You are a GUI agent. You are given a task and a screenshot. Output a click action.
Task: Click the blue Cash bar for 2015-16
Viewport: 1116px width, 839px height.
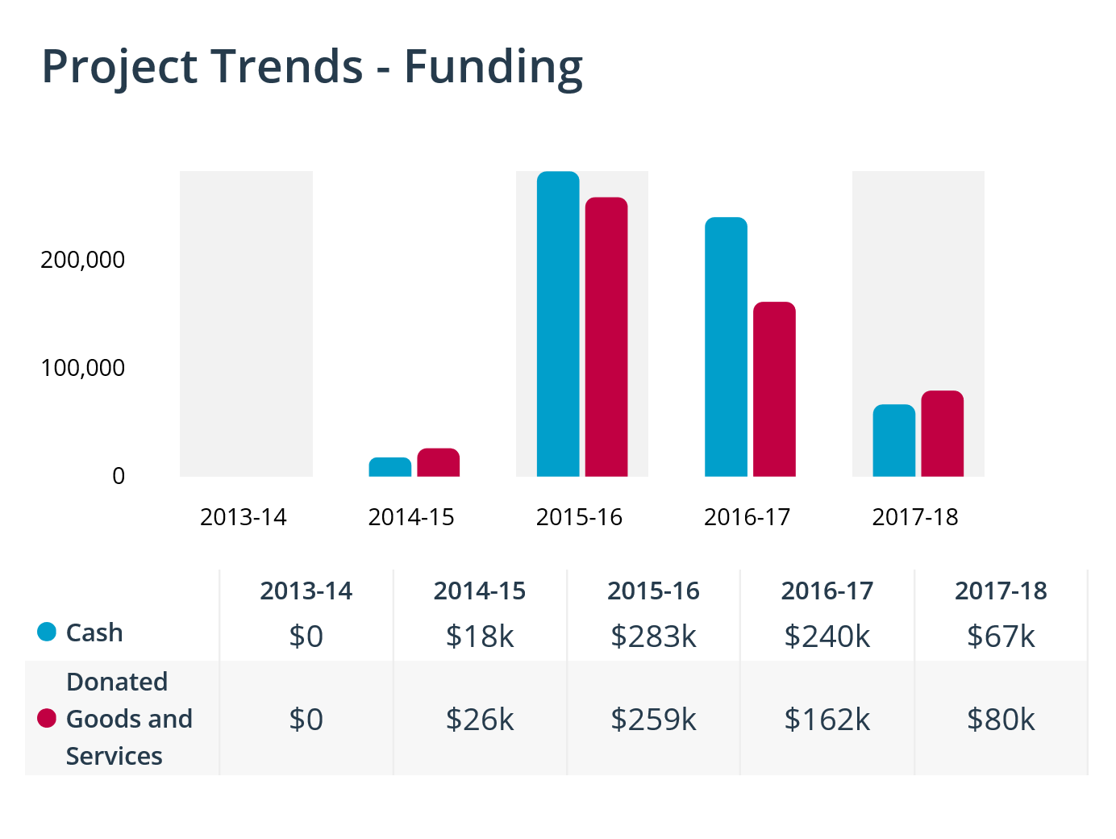[558, 324]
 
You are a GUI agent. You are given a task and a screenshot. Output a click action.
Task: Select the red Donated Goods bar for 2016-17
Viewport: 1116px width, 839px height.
[774, 390]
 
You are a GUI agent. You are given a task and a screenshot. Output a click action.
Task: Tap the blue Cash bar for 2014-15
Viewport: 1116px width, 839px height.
[390, 467]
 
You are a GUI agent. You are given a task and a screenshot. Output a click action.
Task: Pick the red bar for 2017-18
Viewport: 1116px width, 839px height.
[942, 434]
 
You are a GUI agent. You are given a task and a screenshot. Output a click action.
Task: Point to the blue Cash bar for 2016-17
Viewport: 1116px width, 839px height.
[726, 347]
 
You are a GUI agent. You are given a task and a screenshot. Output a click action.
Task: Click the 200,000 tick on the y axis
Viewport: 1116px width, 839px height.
[83, 260]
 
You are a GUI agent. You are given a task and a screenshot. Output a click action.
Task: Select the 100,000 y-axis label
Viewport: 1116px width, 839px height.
[83, 368]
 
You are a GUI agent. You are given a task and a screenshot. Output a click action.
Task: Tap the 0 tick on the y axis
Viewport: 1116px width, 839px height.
[119, 476]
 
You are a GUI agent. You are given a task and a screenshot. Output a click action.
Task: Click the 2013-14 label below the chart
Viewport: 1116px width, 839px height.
[244, 517]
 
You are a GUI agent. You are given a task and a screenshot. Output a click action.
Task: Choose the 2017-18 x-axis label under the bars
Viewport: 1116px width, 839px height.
[915, 517]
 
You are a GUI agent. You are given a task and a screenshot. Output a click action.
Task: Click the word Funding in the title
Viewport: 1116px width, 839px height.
[493, 67]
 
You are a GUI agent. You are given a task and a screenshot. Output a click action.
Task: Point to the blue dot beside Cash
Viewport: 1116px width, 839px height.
[47, 632]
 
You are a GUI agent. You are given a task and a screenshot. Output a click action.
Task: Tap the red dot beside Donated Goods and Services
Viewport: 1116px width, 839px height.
[47, 718]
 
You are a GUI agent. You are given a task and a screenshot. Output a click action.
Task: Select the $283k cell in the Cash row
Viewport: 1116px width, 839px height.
[653, 637]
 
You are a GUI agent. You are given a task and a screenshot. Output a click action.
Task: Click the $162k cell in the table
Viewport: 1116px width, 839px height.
[827, 719]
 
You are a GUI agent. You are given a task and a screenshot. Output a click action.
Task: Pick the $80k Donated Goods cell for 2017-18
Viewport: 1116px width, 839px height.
[1001, 719]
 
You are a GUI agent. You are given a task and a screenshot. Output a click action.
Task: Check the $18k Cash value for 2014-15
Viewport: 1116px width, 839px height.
[480, 637]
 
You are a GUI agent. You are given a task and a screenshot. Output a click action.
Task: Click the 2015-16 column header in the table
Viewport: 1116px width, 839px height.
[653, 591]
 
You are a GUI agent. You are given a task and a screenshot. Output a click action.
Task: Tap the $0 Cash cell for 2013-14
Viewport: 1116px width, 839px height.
[306, 637]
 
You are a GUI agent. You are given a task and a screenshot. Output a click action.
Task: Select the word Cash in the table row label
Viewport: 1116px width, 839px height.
[94, 632]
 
